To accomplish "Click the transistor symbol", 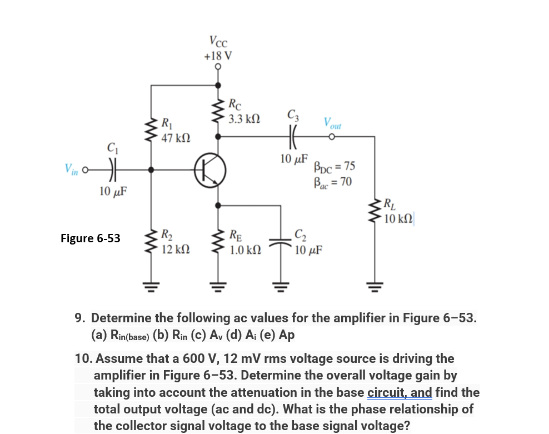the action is pyautogui.click(x=210, y=171).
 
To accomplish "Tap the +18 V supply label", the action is pyautogui.click(x=218, y=56).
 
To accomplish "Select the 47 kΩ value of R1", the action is pyautogui.click(x=176, y=138).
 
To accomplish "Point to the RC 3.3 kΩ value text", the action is pyautogui.click(x=244, y=119).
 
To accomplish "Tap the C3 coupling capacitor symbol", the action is pyautogui.click(x=293, y=137).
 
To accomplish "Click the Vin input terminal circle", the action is pyautogui.click(x=84, y=170).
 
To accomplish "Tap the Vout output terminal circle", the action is pyautogui.click(x=332, y=137).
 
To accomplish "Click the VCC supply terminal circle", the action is pyautogui.click(x=218, y=66).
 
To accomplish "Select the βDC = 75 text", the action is pyautogui.click(x=335, y=166).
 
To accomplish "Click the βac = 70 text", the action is pyautogui.click(x=333, y=182).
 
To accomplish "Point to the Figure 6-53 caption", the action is pyautogui.click(x=91, y=238).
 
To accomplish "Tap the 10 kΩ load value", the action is pyautogui.click(x=398, y=219).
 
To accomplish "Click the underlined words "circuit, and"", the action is pyautogui.click(x=400, y=392).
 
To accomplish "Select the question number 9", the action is pyautogui.click(x=79, y=318).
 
